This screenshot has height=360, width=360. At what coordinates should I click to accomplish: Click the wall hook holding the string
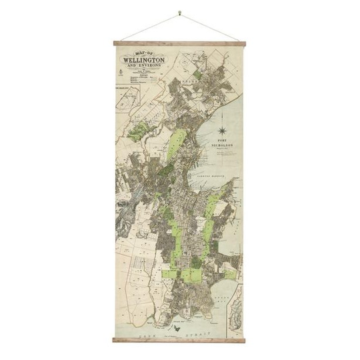[x=180, y=12]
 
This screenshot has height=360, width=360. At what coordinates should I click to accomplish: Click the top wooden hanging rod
[x=180, y=44]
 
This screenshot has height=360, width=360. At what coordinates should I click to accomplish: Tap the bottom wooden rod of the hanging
[x=180, y=341]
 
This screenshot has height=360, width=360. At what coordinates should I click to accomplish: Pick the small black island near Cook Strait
[x=179, y=327]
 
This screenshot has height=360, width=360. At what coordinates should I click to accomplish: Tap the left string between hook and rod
[x=148, y=27]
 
